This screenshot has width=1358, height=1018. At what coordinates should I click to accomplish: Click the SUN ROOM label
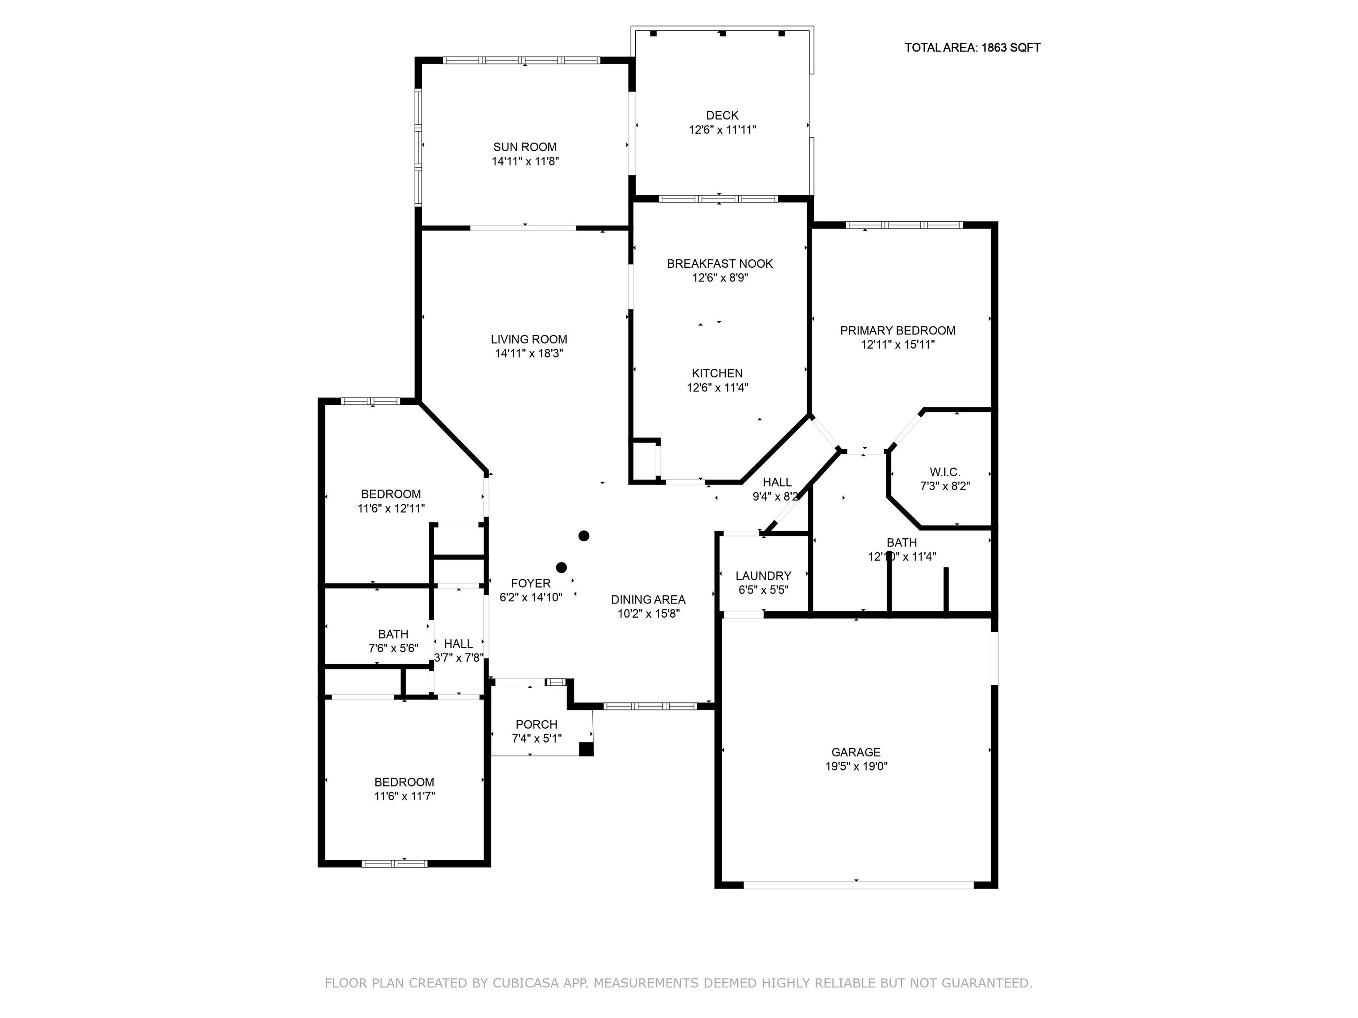click(525, 147)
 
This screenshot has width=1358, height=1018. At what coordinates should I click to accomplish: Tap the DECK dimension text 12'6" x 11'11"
click(723, 130)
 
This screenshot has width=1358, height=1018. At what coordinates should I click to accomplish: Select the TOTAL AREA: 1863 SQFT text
click(973, 48)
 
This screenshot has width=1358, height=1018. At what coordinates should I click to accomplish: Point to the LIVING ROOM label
click(529, 339)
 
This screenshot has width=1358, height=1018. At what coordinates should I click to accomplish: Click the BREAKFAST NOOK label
click(720, 264)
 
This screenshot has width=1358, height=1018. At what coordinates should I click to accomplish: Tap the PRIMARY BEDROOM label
click(897, 331)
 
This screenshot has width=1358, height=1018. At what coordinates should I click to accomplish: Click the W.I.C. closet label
click(945, 472)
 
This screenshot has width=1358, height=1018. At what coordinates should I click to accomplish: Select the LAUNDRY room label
click(763, 576)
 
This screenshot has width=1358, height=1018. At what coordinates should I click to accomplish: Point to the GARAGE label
click(856, 752)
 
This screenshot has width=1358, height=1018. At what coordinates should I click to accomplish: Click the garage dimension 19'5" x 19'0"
click(856, 767)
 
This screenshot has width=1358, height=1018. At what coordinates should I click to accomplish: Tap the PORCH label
click(537, 725)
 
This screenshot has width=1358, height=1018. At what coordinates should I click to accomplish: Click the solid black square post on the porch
click(586, 749)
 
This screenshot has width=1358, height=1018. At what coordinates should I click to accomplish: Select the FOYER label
click(531, 584)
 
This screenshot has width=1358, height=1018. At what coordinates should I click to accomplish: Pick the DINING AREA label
click(648, 600)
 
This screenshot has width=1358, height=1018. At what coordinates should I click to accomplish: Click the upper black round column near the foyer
click(584, 536)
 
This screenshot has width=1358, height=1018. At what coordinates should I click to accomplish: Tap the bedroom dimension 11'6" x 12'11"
click(391, 509)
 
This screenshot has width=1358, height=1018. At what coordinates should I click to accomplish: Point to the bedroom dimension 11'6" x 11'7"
click(404, 797)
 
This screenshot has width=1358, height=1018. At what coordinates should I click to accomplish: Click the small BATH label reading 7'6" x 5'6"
click(393, 634)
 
